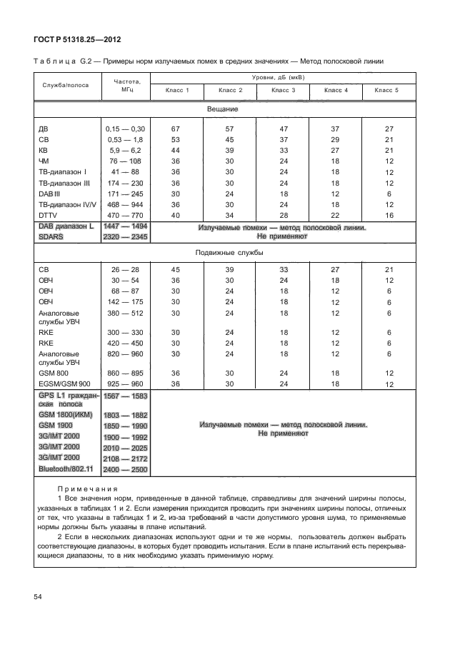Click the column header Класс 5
(386, 91)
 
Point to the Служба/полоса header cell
(65, 85)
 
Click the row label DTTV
(49, 214)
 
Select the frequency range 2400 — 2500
(125, 468)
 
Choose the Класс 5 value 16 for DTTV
(389, 214)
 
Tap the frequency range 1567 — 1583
(125, 396)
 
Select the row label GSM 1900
(57, 424)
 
